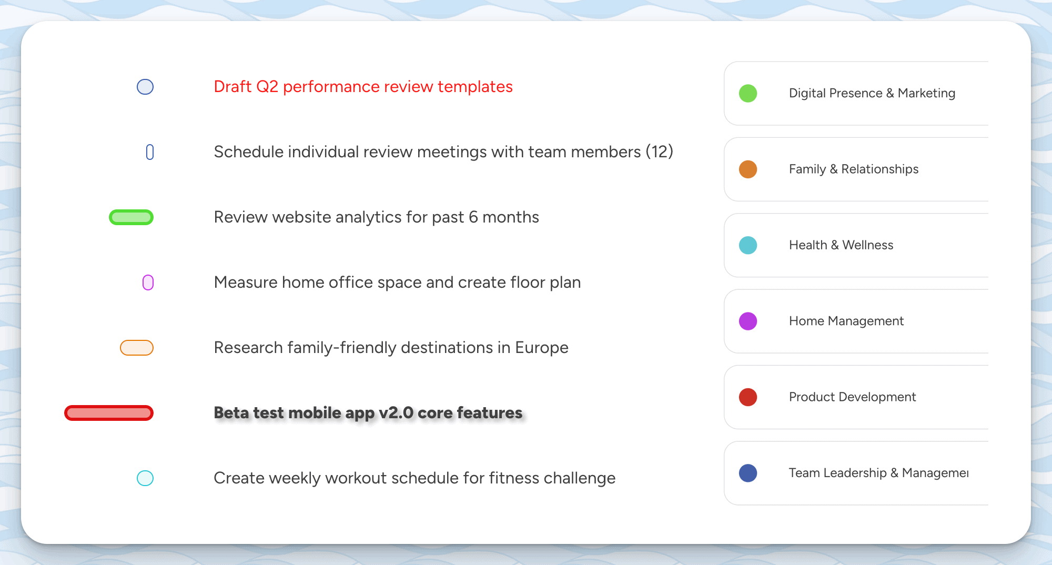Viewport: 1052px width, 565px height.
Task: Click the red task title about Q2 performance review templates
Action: [x=363, y=87]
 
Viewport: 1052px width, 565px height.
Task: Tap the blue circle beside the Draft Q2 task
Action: [x=145, y=87]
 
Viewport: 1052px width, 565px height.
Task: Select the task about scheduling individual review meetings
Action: [x=443, y=152]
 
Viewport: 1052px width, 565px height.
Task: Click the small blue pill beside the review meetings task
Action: [x=150, y=152]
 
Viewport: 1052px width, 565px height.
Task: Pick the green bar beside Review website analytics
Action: [x=131, y=217]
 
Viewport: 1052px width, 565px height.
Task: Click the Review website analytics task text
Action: [x=376, y=217]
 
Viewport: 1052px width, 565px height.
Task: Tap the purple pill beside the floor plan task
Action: [x=148, y=282]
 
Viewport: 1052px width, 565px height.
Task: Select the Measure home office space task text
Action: [x=397, y=282]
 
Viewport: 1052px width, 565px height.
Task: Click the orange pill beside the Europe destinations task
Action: [x=137, y=348]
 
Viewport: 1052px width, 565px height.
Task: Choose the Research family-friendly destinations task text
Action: [x=391, y=348]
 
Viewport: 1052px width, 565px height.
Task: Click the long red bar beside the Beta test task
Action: [x=109, y=413]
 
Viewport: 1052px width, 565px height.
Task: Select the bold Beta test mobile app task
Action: [x=368, y=413]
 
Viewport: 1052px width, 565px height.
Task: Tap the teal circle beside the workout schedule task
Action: [x=145, y=478]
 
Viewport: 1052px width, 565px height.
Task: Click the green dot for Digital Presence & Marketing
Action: [x=748, y=94]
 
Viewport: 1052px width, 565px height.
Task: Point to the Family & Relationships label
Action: [x=854, y=169]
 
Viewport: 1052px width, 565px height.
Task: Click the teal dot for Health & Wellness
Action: [x=748, y=245]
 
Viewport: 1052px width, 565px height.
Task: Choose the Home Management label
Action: [x=846, y=321]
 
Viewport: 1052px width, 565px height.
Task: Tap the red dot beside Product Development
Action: [x=748, y=397]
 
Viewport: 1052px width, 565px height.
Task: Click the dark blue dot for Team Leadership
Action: [x=748, y=473]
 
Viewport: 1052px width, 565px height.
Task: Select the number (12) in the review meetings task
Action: [x=660, y=152]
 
